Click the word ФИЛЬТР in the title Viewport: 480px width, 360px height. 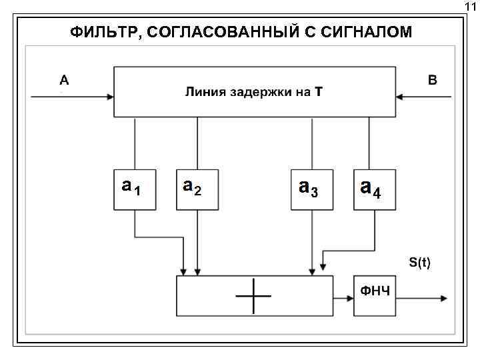[102, 32]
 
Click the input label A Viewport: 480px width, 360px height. [64, 81]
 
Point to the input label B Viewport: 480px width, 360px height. [433, 81]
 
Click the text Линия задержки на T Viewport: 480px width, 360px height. [253, 92]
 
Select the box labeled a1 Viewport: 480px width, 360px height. [134, 189]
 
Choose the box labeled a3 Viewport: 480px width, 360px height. [312, 189]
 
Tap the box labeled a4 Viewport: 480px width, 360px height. [374, 189]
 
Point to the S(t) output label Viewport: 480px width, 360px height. [419, 263]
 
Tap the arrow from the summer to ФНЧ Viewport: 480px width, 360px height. [343, 297]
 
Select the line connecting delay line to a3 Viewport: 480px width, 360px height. [313, 143]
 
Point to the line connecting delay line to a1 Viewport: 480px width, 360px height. [135, 143]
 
